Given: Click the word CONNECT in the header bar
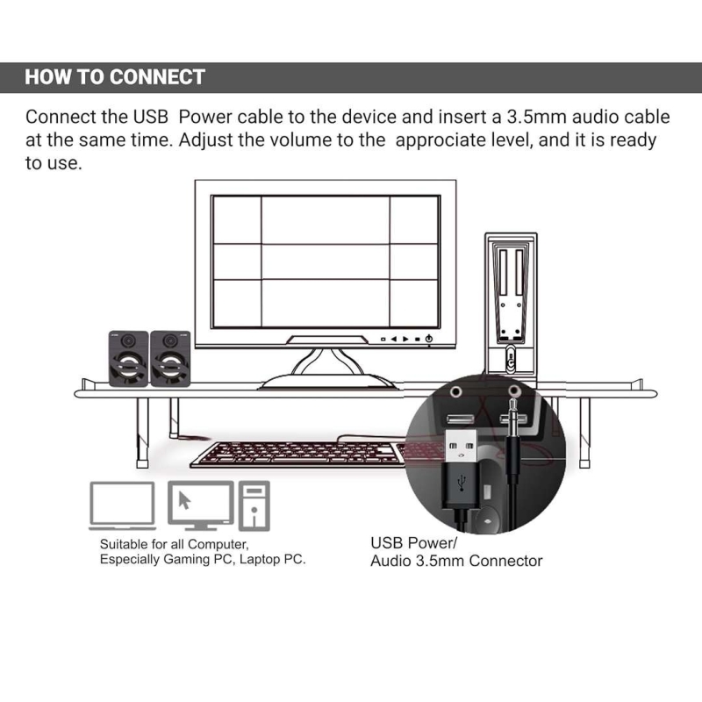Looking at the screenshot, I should tap(157, 76).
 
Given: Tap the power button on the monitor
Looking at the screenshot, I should tap(428, 339).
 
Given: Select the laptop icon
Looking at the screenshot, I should tap(122, 505).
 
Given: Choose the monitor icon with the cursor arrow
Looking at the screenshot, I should tap(200, 505).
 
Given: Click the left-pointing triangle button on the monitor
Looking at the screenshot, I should tap(394, 339).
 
